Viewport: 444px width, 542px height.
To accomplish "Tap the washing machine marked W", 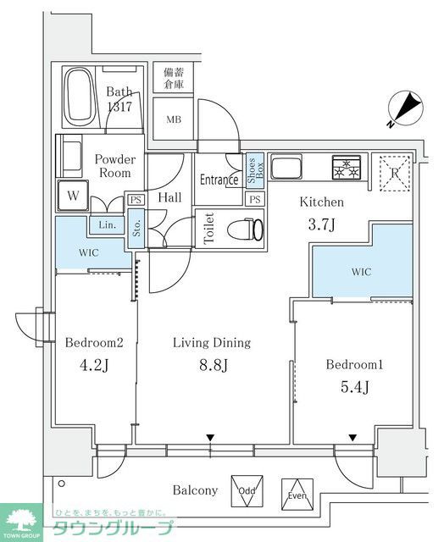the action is (73, 196).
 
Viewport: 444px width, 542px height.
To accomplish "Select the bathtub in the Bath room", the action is (80, 97).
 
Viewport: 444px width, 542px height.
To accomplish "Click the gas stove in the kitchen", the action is (347, 167).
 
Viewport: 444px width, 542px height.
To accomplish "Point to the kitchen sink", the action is (286, 167).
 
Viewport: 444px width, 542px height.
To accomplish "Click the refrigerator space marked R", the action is (395, 173).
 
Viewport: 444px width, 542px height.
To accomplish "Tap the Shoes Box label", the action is (255, 171).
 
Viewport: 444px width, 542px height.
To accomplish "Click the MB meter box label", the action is (174, 119).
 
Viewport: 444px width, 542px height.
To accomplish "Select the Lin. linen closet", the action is (107, 225).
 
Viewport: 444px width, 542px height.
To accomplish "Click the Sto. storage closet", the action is (136, 228).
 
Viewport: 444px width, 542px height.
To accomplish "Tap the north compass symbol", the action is (405, 108).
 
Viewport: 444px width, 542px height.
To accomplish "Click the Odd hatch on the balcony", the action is (247, 491).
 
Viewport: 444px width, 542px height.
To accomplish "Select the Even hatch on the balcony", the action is (297, 495).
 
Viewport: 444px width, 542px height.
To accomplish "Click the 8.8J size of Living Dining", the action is (214, 365).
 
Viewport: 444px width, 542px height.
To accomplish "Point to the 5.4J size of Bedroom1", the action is (355, 386).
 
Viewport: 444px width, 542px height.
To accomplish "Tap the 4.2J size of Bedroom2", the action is (94, 365).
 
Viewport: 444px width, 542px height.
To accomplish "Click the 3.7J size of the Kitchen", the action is (321, 224).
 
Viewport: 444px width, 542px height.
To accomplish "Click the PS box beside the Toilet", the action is (255, 199).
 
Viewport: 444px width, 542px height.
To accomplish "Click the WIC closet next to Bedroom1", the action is (363, 271).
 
